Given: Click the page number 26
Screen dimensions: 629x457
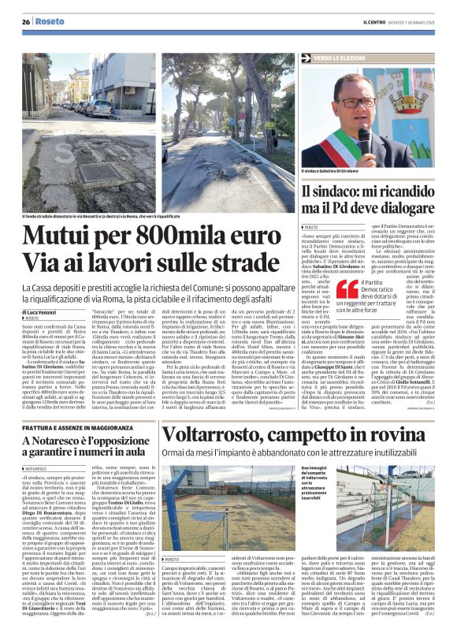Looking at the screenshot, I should coord(25,22).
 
